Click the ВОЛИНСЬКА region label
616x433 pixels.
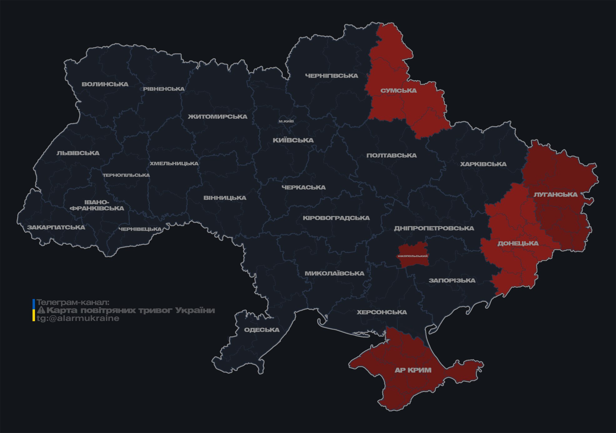tap(105, 84)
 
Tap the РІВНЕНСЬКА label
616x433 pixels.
tap(164, 89)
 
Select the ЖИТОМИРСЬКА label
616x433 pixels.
tap(218, 117)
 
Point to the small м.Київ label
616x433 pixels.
tap(286, 121)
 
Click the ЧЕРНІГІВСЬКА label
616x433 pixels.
tap(331, 76)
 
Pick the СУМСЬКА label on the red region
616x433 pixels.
tap(398, 91)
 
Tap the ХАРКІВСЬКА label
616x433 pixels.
tap(483, 164)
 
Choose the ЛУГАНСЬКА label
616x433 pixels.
tap(555, 194)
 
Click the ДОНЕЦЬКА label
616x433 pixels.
tap(518, 243)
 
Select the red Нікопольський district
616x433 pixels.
tap(413, 255)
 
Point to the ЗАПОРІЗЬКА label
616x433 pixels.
tap(452, 281)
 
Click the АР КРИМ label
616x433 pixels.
tap(413, 370)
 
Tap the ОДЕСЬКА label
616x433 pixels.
tap(262, 330)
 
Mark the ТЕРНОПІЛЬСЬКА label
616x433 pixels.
tap(126, 175)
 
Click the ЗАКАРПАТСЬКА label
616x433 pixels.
tap(56, 227)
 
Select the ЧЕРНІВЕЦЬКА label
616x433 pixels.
tap(140, 229)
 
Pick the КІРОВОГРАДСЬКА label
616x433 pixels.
tap(336, 218)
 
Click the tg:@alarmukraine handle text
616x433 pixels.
tap(78, 318)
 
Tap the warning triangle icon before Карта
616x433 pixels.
tap(41, 310)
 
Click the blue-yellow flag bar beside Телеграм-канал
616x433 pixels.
tap(34, 310)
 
